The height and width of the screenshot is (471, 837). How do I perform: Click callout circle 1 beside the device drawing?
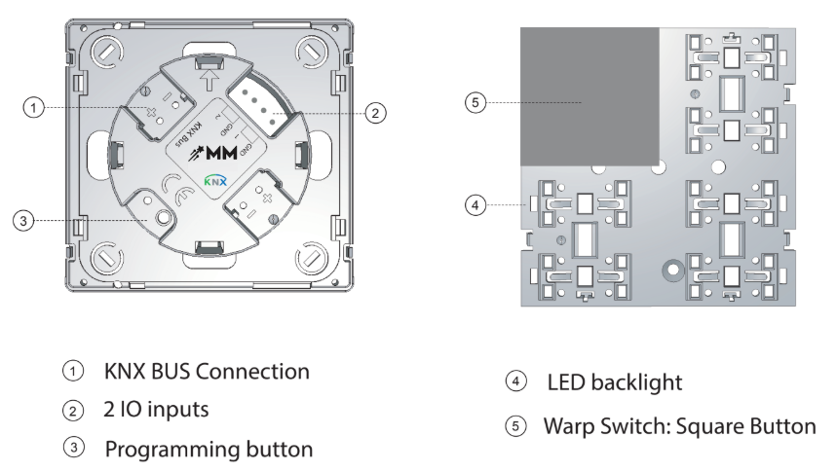tap(34, 108)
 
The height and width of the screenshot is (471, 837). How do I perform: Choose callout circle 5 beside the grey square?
tap(475, 101)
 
